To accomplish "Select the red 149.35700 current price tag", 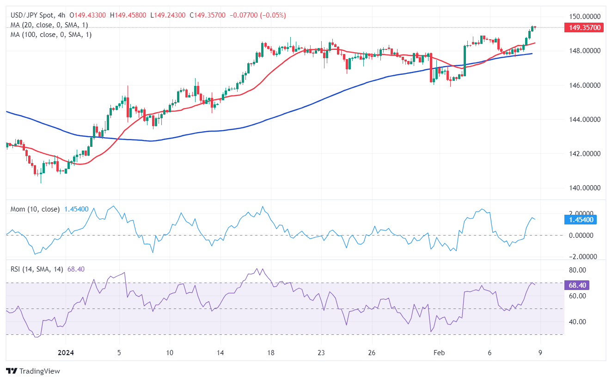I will [x=583, y=28].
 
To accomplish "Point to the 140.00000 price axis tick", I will [x=584, y=188].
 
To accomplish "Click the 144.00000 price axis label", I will [x=584, y=120].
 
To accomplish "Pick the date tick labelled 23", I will [x=321, y=353].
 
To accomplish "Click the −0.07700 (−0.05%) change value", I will [x=257, y=15].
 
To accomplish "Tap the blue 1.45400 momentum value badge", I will [x=583, y=220].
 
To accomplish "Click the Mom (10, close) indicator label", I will [x=35, y=209].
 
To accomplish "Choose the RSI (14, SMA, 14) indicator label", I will [x=37, y=269].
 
